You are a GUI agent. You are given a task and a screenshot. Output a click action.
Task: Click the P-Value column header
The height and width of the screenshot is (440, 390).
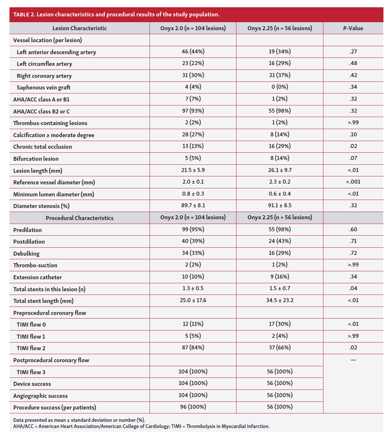(x=353, y=28)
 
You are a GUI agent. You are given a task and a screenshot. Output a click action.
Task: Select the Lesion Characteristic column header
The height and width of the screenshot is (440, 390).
(x=79, y=28)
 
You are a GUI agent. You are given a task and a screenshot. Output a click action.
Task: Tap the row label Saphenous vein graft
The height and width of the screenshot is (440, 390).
(x=44, y=87)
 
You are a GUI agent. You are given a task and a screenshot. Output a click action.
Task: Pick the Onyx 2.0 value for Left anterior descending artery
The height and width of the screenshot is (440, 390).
(x=193, y=52)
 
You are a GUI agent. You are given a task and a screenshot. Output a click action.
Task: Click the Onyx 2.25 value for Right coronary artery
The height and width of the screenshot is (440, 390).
(x=279, y=75)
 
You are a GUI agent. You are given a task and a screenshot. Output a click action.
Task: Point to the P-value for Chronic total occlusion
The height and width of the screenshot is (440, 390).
(x=353, y=146)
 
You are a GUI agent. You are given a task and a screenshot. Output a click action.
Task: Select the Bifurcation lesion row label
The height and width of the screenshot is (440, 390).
(x=36, y=159)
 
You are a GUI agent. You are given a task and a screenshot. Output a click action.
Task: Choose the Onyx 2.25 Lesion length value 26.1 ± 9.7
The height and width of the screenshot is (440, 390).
(x=279, y=170)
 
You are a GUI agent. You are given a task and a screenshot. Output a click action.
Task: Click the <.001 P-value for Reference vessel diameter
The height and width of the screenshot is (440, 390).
(x=353, y=182)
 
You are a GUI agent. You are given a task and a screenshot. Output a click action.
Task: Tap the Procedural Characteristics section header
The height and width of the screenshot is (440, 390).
(x=79, y=218)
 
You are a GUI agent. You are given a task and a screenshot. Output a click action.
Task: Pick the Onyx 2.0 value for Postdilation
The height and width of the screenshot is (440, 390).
(x=193, y=241)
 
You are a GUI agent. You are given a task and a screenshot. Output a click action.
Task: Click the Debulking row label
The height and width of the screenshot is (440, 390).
(x=26, y=253)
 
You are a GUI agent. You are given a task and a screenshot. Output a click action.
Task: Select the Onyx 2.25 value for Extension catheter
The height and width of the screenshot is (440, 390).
(x=279, y=277)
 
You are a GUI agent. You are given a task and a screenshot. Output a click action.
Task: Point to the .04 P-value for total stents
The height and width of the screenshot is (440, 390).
(x=353, y=288)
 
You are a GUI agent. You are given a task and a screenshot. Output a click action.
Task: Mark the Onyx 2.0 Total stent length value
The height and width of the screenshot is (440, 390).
(x=193, y=300)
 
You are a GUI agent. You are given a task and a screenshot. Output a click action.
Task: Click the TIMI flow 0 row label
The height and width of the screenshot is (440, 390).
(x=31, y=324)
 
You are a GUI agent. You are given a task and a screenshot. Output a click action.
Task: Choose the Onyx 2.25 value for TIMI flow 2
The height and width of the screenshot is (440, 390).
(x=279, y=348)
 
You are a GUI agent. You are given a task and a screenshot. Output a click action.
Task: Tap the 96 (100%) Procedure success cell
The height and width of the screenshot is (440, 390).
(x=193, y=407)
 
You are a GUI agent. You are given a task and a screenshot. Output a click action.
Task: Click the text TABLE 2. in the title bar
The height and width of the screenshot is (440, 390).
(x=24, y=15)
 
